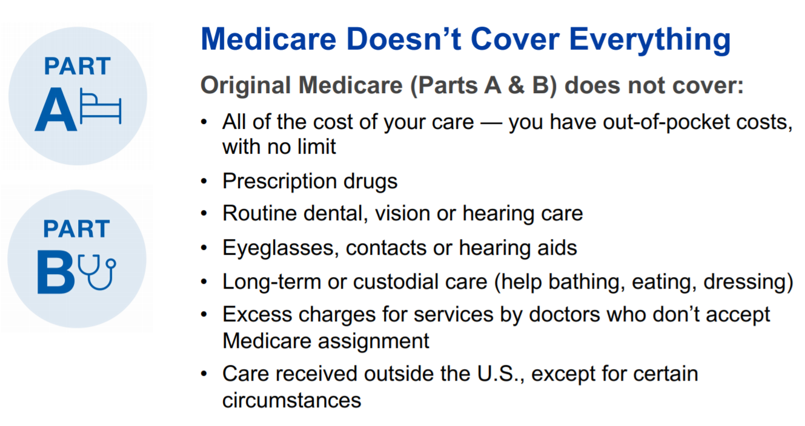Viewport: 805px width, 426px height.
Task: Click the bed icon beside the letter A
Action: coord(101,108)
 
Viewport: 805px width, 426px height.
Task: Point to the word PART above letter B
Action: coord(76,229)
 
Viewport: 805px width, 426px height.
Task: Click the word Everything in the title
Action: coord(649,39)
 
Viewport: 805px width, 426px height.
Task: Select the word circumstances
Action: coord(291,400)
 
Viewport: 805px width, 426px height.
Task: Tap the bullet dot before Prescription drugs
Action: coord(205,182)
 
